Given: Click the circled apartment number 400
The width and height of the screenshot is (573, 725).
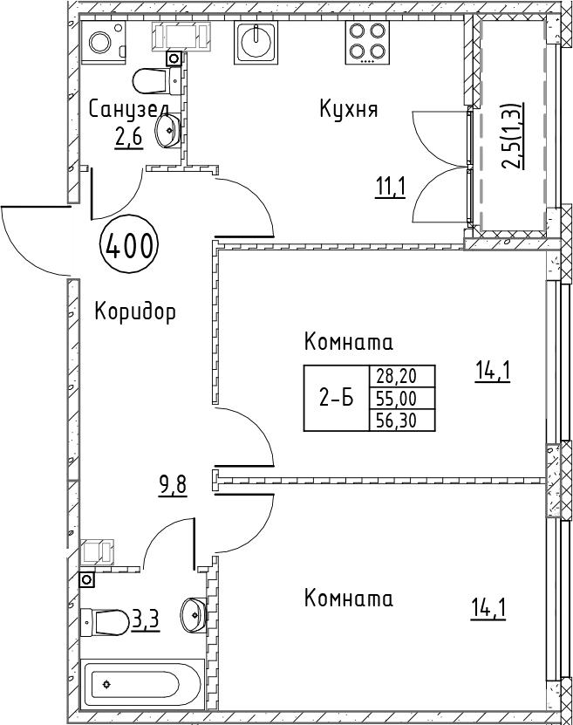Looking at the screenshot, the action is click(x=129, y=246).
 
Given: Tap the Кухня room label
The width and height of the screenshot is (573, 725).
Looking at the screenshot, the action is click(x=349, y=110).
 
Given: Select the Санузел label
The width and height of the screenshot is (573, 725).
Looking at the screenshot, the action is click(x=128, y=110).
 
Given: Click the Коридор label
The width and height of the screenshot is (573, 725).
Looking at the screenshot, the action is click(x=135, y=311).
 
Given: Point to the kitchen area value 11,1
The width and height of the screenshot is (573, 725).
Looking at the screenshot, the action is click(x=391, y=188).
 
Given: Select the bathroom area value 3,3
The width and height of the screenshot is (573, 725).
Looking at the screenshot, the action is click(x=146, y=619).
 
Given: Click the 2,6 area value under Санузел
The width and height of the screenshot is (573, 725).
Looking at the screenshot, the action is click(x=128, y=137).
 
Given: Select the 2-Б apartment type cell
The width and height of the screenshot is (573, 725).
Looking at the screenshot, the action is click(x=337, y=398).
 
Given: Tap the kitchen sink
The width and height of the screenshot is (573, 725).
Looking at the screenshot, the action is click(x=256, y=42).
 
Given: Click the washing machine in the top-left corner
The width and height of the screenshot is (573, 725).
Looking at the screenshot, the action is click(x=104, y=42).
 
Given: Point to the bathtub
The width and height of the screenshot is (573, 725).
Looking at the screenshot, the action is click(x=142, y=684).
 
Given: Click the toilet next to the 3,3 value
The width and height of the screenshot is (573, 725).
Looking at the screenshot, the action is click(x=105, y=622).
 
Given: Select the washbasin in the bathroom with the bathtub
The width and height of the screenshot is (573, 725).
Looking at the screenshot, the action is click(x=194, y=613).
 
